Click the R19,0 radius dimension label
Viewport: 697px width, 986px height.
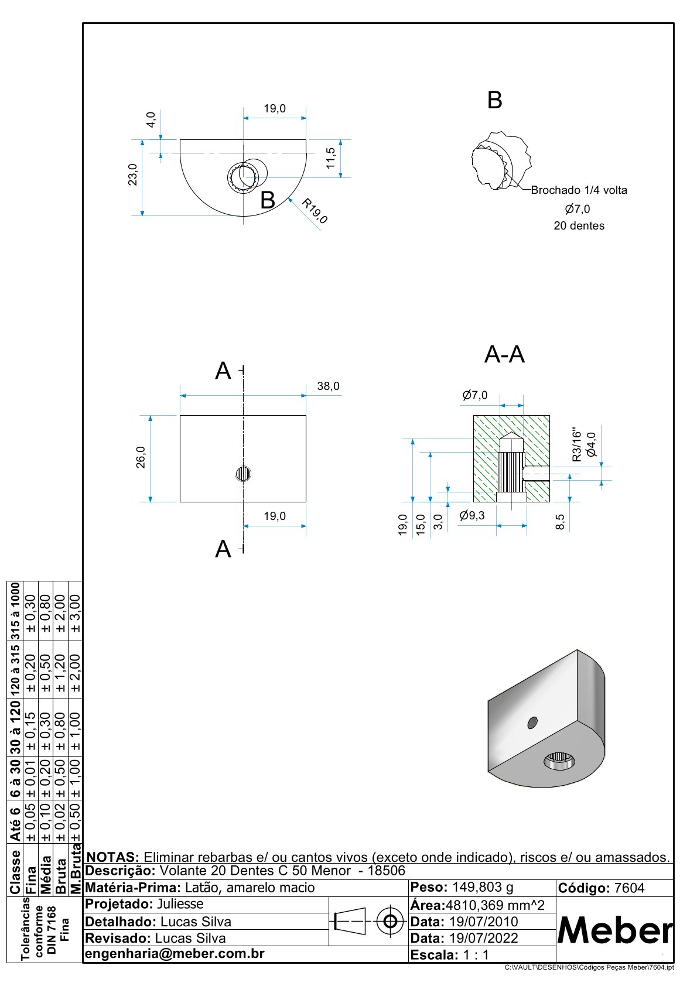[x=315, y=211]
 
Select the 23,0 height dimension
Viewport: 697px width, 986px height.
[x=133, y=174]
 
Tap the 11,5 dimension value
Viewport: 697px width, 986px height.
[x=331, y=158]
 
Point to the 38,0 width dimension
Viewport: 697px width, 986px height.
[x=328, y=386]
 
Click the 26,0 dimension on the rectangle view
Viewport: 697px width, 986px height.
[x=141, y=457]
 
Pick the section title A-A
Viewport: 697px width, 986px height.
[x=504, y=355]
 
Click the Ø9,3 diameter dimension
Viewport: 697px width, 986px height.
[x=472, y=516]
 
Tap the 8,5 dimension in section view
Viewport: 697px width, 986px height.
[x=561, y=522]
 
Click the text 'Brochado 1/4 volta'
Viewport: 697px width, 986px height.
[x=579, y=190]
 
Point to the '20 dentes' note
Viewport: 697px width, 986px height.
[x=579, y=226]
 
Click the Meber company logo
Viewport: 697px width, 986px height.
[x=615, y=930]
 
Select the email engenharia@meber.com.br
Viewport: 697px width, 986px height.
[x=175, y=954]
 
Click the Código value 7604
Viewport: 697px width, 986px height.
[x=629, y=888]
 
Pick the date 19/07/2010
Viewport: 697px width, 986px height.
[x=483, y=922]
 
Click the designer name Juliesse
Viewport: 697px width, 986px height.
[x=180, y=904]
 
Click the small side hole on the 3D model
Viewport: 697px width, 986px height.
[x=532, y=723]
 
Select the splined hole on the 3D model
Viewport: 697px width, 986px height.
[x=559, y=761]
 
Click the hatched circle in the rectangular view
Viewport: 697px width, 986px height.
[x=243, y=474]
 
